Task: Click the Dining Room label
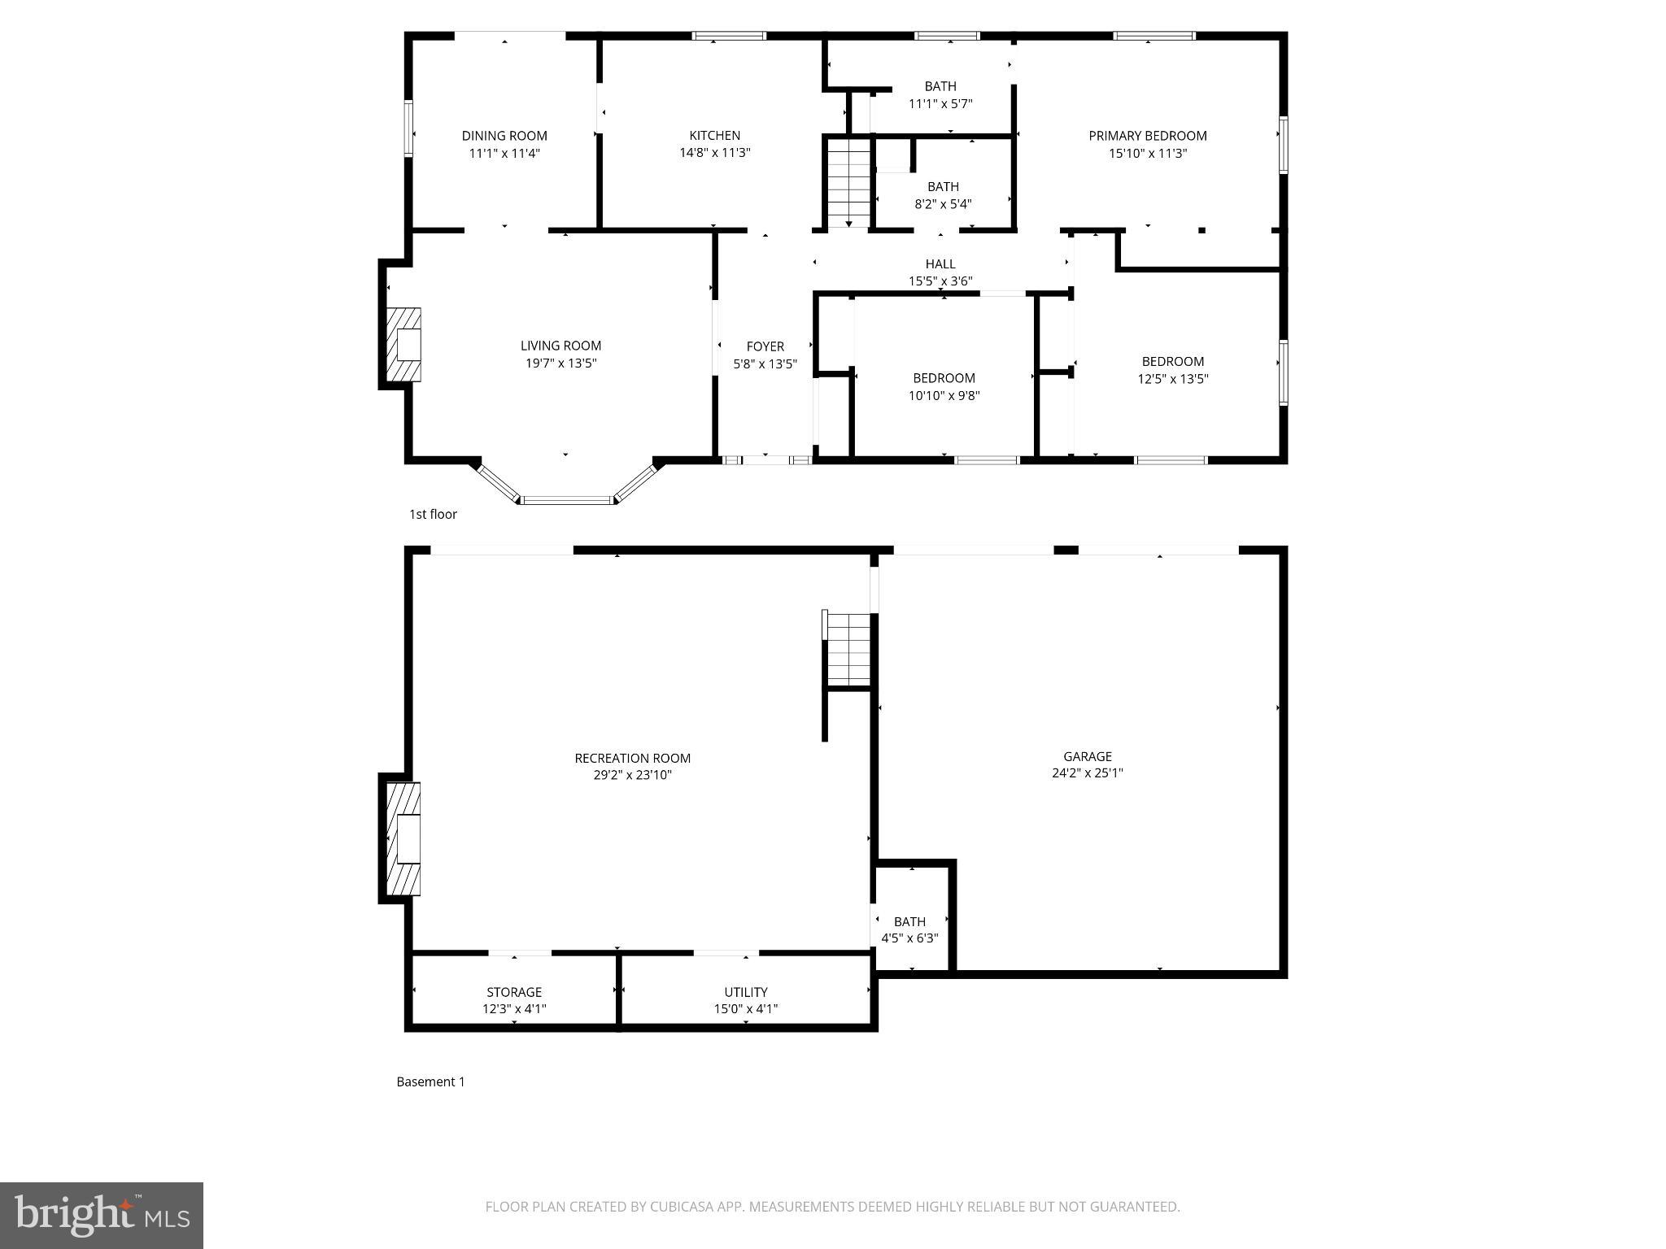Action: [x=504, y=136]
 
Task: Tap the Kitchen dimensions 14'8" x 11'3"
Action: [x=714, y=153]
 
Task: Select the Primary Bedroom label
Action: [x=1147, y=136]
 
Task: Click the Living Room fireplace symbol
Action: [x=404, y=345]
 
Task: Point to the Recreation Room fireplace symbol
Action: [x=404, y=838]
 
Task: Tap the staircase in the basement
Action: [x=849, y=650]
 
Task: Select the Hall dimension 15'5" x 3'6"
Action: [x=940, y=281]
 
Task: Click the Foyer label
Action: [x=765, y=346]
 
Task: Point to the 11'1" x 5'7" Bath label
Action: [x=940, y=86]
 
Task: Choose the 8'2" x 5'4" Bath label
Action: [x=943, y=187]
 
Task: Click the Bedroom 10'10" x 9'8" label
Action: [x=944, y=378]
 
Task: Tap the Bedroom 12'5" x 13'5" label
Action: [x=1172, y=362]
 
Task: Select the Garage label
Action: [x=1087, y=756]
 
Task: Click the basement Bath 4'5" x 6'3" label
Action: [x=909, y=921]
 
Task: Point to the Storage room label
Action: [x=513, y=992]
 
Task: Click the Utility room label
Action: [x=745, y=992]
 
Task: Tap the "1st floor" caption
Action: [x=433, y=514]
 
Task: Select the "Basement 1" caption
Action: [x=430, y=1081]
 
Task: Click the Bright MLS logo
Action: [x=102, y=1215]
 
